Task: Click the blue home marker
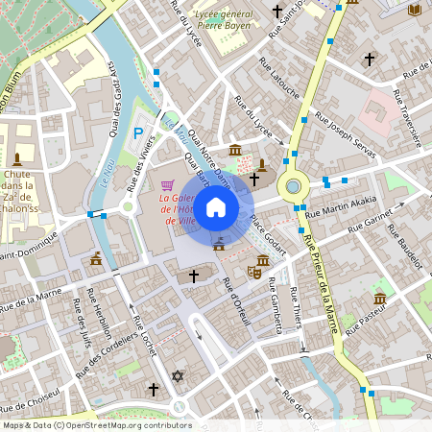point(216,206)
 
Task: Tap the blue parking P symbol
point(138,132)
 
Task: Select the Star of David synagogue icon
point(177,376)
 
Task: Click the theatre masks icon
point(254,271)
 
